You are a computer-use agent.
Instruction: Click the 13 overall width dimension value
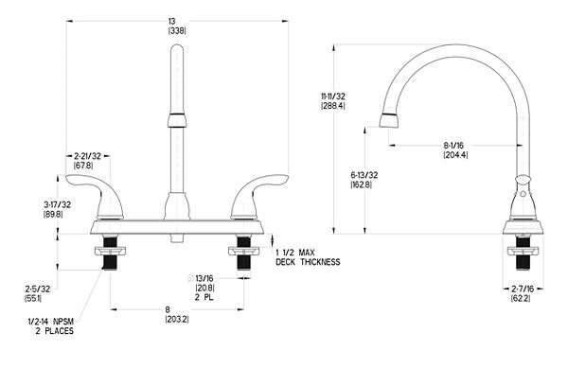[171, 22]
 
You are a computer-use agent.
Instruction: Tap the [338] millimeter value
[177, 31]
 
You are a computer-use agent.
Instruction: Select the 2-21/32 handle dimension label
[87, 156]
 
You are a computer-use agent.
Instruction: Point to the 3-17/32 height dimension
[57, 204]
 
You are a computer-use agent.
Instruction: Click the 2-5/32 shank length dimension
[38, 289]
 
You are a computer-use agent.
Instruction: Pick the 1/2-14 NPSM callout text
[51, 322]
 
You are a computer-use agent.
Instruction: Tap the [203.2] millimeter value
[177, 320]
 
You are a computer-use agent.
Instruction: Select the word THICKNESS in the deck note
[320, 262]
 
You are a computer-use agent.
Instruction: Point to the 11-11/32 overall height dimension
[333, 96]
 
